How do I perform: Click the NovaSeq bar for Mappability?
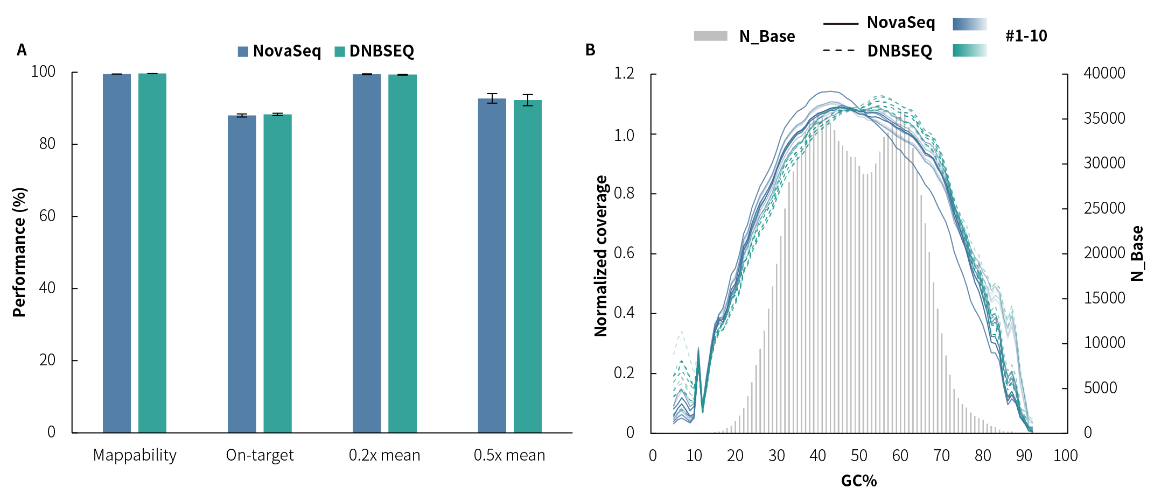(x=116, y=253)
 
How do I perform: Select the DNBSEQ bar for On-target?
(x=277, y=273)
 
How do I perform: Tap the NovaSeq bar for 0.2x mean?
(x=367, y=253)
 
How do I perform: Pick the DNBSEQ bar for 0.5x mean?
(x=527, y=266)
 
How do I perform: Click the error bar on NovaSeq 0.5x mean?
(x=492, y=98)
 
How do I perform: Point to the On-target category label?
(x=260, y=455)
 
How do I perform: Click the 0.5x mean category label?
(x=509, y=455)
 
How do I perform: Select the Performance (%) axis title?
(x=19, y=252)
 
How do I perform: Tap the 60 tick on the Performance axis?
(x=47, y=216)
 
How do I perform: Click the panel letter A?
(x=22, y=50)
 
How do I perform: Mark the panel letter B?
(x=590, y=50)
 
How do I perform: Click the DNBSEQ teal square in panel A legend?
(x=340, y=52)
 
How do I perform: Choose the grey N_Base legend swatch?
(x=710, y=36)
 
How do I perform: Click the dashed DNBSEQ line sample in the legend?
(x=840, y=51)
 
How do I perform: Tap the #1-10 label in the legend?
(x=1026, y=36)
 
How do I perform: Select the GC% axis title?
(x=859, y=480)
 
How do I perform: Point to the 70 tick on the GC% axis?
(x=941, y=456)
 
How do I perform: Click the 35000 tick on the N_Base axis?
(x=1104, y=118)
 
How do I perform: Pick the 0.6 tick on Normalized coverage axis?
(x=624, y=253)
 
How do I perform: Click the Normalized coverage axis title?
(x=601, y=256)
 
